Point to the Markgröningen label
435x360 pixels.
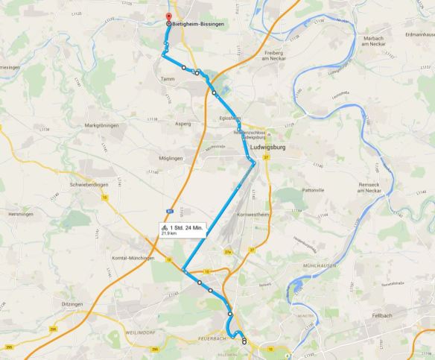102,125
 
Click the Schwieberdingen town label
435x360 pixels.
89,184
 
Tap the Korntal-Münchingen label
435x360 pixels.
128,257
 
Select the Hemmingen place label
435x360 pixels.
20,214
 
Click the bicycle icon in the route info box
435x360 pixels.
164,227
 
